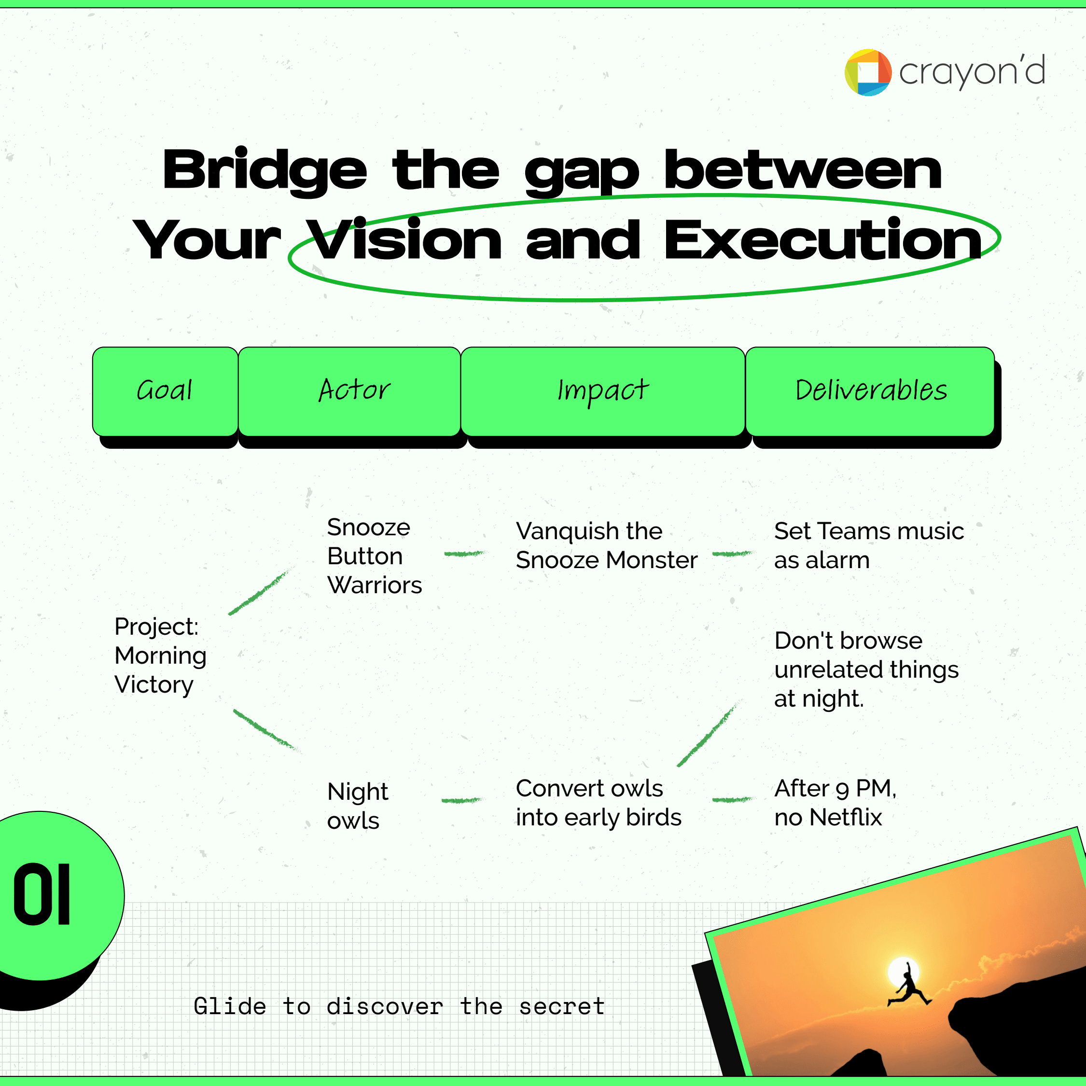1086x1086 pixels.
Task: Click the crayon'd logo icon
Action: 868,72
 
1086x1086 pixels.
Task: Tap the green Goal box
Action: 165,391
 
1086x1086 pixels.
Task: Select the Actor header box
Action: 349,391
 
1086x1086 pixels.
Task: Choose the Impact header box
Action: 603,391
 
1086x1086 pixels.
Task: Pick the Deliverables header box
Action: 870,391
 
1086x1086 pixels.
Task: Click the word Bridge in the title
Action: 265,171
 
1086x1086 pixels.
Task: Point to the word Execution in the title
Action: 823,240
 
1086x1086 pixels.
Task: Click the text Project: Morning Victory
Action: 161,655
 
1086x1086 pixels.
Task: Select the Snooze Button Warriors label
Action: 375,556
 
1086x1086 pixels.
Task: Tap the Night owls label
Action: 358,806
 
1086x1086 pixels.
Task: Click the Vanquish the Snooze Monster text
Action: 607,545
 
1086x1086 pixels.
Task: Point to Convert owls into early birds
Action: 599,803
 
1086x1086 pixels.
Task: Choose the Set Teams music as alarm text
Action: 869,545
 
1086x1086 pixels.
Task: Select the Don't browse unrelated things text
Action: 866,669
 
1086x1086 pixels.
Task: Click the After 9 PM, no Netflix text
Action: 835,803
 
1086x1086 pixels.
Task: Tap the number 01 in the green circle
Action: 42,894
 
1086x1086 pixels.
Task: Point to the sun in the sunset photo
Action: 904,972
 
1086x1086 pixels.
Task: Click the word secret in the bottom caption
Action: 561,1007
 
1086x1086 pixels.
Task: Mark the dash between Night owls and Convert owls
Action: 461,800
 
